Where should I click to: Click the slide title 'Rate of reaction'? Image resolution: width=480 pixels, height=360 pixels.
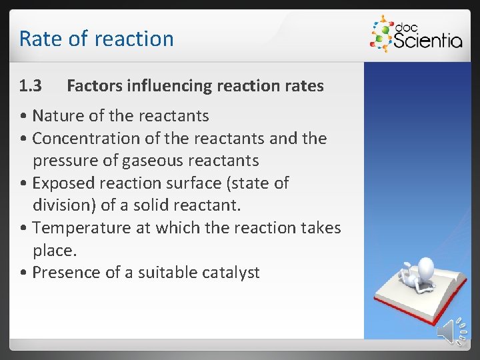point(96,39)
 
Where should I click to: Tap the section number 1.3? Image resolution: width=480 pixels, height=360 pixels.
point(31,86)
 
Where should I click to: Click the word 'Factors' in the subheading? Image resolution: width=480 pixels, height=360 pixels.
point(93,86)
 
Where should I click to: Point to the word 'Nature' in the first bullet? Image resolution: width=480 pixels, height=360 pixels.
point(57,116)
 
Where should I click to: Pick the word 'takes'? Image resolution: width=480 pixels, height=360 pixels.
point(318,228)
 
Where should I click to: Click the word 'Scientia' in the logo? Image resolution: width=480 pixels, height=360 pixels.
point(427,41)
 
